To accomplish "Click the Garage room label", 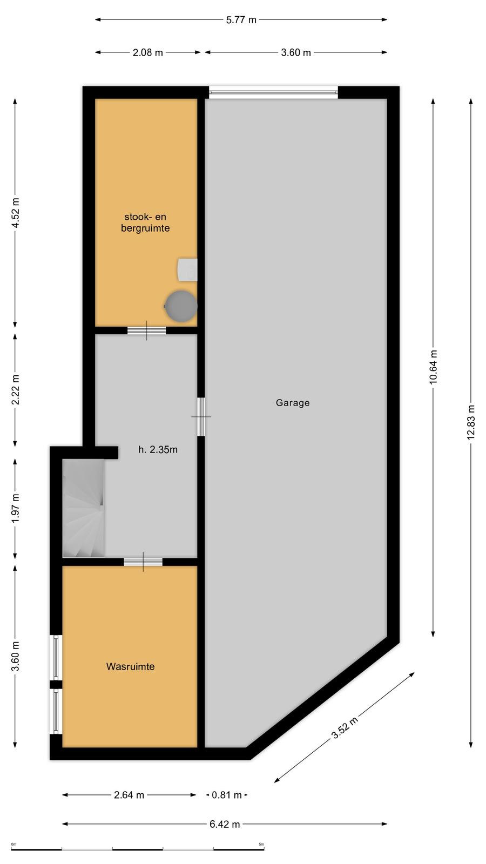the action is (x=292, y=403).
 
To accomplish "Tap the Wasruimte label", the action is (x=130, y=666).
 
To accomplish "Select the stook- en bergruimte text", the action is (x=145, y=222).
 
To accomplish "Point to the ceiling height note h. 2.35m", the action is (x=158, y=449).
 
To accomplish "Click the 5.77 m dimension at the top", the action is (x=241, y=19).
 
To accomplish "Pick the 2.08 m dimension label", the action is (x=148, y=52).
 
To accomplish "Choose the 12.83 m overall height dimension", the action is (x=470, y=422).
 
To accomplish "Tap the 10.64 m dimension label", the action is (x=433, y=367).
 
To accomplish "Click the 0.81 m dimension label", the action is (x=227, y=795).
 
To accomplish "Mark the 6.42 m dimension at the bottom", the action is (x=225, y=824).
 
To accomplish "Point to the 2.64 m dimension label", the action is (x=129, y=795).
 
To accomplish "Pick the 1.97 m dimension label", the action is (x=16, y=508).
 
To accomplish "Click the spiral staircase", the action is (x=83, y=508).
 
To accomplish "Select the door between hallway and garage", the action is (x=201, y=417).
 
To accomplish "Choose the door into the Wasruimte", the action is (x=143, y=562).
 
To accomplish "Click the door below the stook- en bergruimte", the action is (x=146, y=330).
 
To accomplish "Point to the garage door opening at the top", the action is (x=273, y=92).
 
